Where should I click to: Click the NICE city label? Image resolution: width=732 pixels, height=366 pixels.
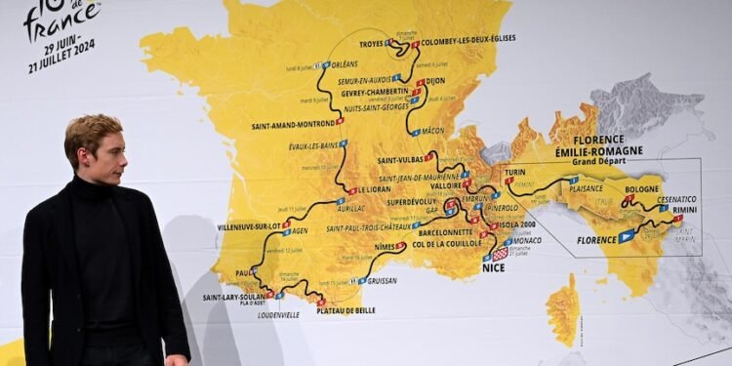pyautogui.click(x=494, y=267)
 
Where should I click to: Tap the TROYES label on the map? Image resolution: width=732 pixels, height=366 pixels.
pyautogui.click(x=371, y=44)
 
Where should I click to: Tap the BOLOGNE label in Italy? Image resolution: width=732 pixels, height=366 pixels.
pyautogui.click(x=642, y=189)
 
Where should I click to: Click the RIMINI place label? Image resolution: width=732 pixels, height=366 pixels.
pyautogui.click(x=685, y=210)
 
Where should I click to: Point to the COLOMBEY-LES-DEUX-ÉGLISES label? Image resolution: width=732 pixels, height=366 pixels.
pyautogui.click(x=468, y=39)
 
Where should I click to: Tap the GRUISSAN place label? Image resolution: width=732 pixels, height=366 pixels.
pyautogui.click(x=384, y=280)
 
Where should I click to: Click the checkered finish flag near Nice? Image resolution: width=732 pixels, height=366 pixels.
pyautogui.click(x=501, y=254)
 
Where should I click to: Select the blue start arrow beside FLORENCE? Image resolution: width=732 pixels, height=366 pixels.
pyautogui.click(x=627, y=236)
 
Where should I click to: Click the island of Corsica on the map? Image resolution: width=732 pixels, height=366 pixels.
pyautogui.click(x=564, y=310)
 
